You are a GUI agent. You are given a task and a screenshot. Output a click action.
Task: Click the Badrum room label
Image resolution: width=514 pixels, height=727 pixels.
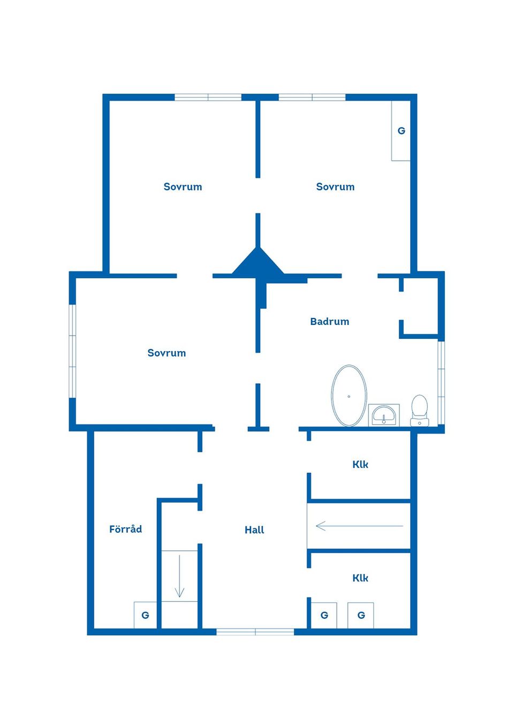(329, 321)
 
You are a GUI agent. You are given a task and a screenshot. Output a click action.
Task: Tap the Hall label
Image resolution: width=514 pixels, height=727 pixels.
(254, 530)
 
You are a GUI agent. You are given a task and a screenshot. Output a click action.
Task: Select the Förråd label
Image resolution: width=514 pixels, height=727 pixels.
(126, 529)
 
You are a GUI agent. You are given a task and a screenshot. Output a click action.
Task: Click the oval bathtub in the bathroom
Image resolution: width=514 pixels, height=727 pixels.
(349, 395)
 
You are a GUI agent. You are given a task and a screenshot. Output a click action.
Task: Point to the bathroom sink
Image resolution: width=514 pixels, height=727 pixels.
(383, 415)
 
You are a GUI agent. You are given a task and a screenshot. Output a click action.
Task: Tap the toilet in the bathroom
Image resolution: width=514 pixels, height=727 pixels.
(420, 410)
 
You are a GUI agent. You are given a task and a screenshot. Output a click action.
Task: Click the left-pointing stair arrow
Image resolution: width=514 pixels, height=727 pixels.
(360, 526)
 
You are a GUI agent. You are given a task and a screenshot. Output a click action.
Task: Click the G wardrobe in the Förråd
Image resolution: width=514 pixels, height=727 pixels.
(146, 615)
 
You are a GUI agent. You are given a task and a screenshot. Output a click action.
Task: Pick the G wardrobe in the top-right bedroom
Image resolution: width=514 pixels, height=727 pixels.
(401, 131)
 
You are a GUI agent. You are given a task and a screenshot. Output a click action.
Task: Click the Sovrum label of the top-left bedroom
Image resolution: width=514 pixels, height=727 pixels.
(183, 187)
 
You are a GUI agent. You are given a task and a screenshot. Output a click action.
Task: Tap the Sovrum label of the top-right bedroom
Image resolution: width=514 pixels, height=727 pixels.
(335, 187)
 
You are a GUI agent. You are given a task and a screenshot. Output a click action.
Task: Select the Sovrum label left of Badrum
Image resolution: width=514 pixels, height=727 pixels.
(167, 353)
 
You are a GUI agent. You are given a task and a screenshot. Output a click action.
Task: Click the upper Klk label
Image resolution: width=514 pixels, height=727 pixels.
(360, 465)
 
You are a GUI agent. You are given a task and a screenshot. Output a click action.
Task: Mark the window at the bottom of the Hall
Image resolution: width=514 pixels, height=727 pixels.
(255, 632)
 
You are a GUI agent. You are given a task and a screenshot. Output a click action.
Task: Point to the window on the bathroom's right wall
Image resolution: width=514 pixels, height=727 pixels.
(441, 383)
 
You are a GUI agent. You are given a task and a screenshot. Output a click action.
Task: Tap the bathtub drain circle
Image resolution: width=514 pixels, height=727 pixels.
(349, 396)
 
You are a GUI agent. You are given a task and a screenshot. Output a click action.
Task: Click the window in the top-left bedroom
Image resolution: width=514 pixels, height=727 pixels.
(208, 97)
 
